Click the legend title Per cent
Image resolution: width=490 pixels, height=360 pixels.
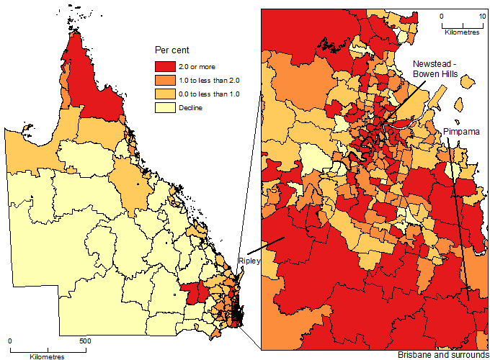[171, 50]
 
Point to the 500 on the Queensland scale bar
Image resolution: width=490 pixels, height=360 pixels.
[84, 341]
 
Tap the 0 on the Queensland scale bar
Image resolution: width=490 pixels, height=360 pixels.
[10, 341]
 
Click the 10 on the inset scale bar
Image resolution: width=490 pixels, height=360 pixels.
[481, 15]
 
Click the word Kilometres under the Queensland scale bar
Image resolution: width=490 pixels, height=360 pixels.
[47, 356]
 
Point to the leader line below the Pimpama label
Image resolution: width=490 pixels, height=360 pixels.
[460, 216]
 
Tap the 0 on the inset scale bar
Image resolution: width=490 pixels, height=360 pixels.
[442, 15]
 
